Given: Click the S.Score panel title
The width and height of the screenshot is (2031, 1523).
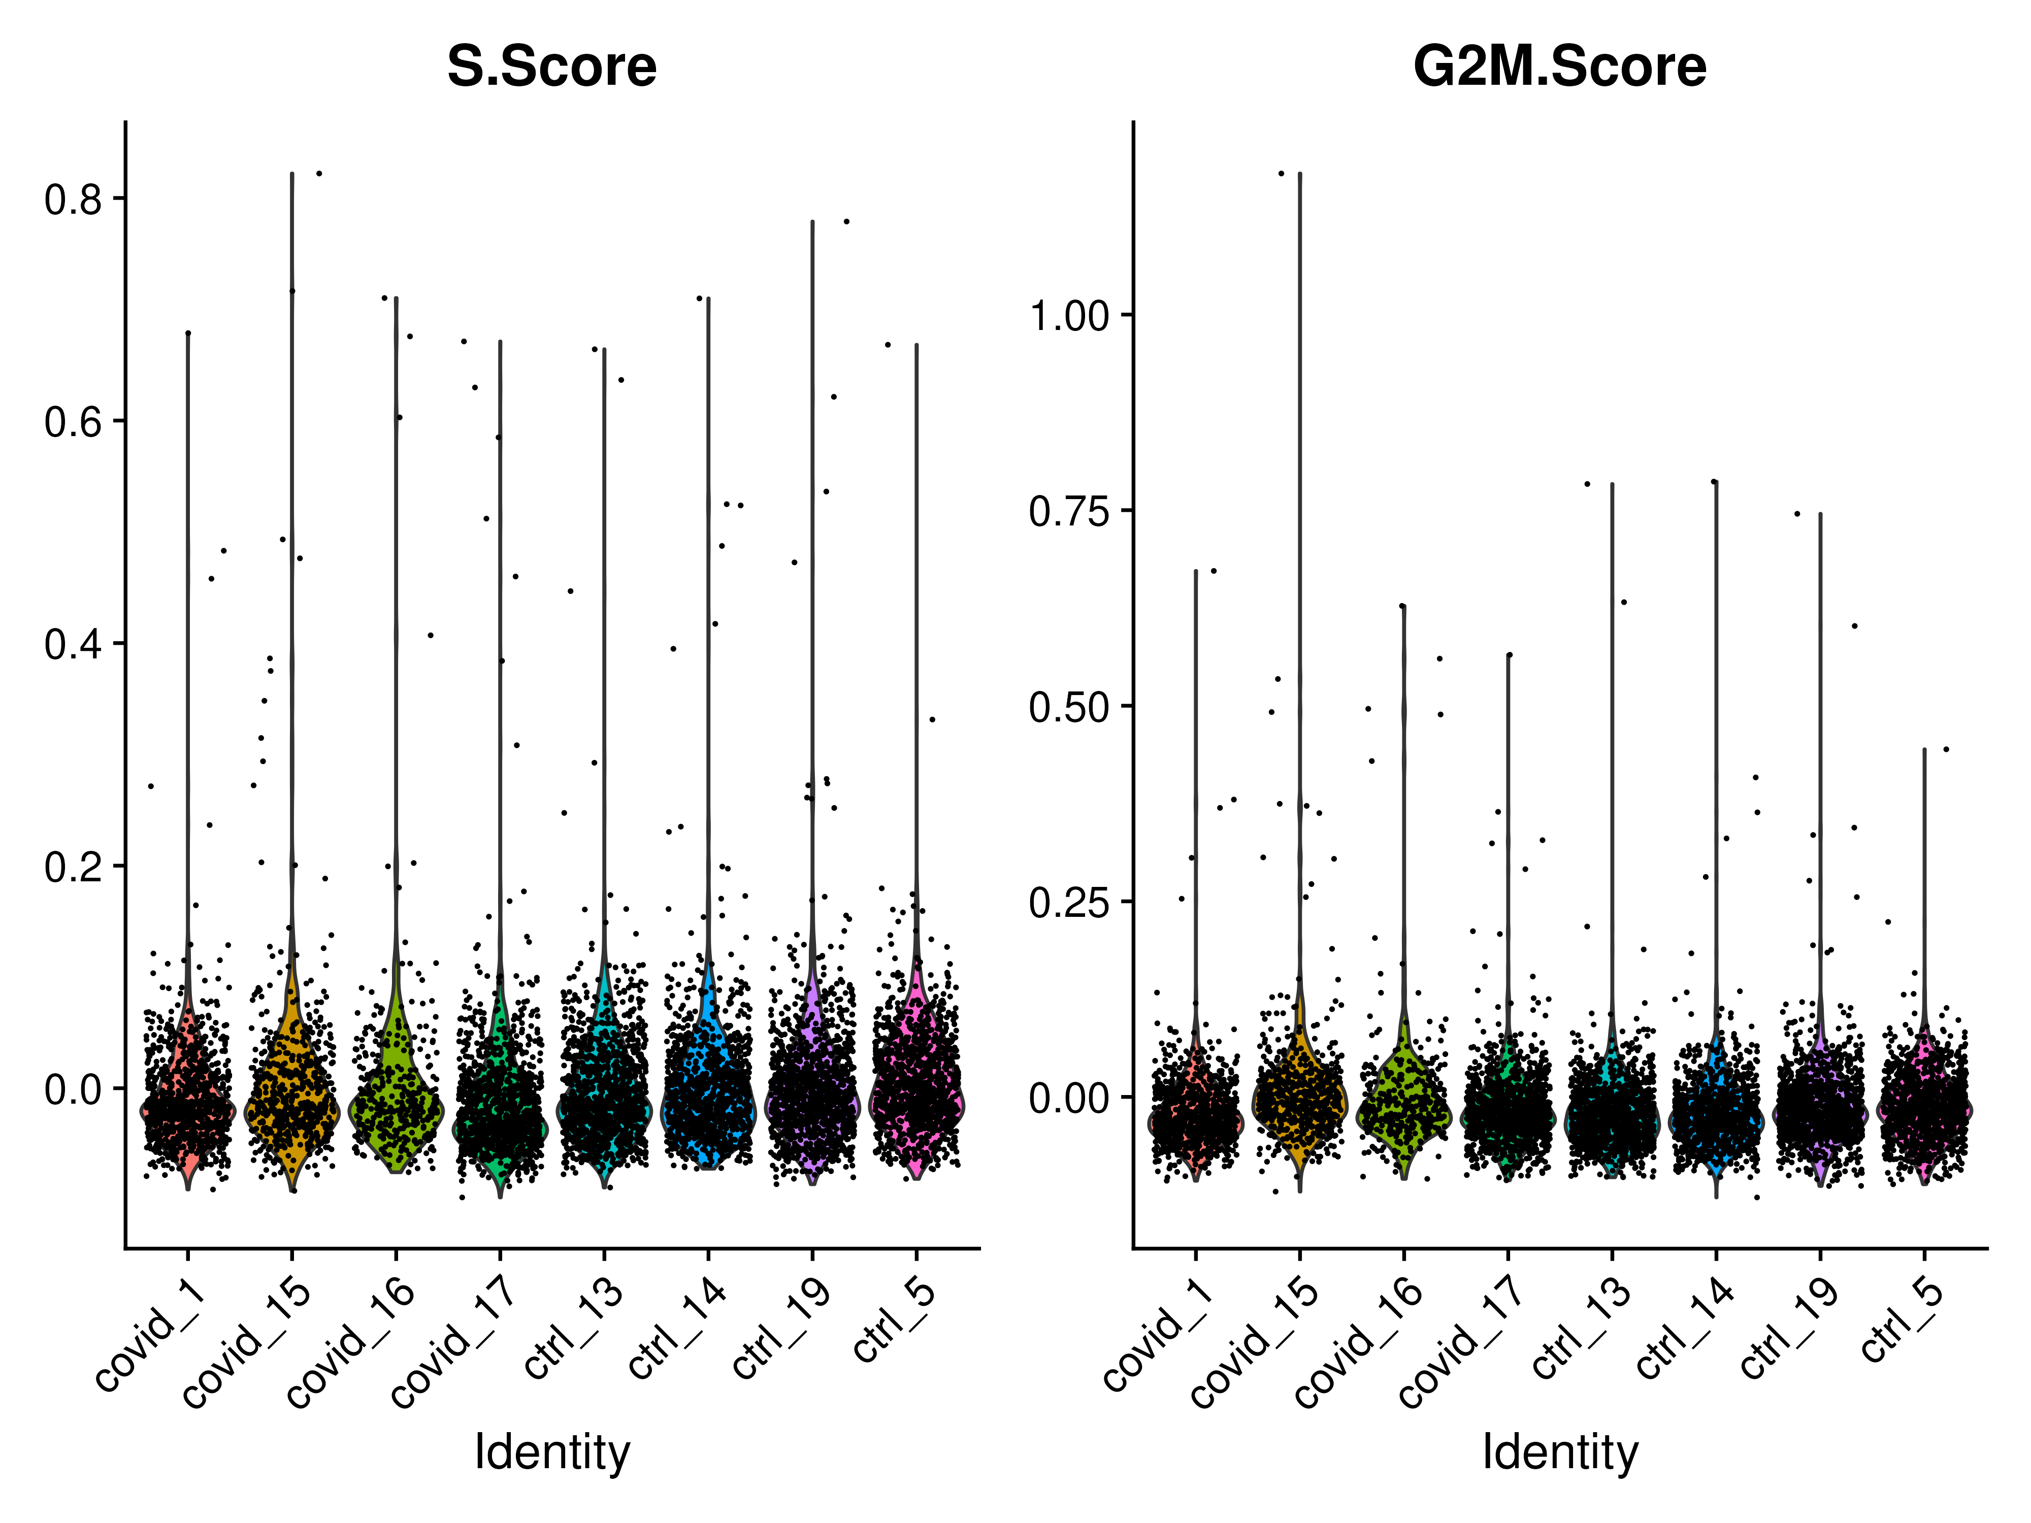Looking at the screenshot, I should (x=552, y=67).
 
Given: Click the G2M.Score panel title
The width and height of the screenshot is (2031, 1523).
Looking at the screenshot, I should (x=1559, y=67).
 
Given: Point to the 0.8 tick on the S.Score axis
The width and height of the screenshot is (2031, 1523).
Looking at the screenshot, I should (x=74, y=199).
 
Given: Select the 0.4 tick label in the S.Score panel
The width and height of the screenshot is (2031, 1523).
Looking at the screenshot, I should (x=74, y=644).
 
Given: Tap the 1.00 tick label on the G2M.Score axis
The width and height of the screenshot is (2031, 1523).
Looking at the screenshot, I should (x=1070, y=317).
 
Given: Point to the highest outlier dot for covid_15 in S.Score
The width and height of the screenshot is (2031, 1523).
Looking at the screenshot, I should (x=318, y=173).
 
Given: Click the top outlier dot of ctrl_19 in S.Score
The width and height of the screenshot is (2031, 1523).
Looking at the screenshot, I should (x=846, y=221).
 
